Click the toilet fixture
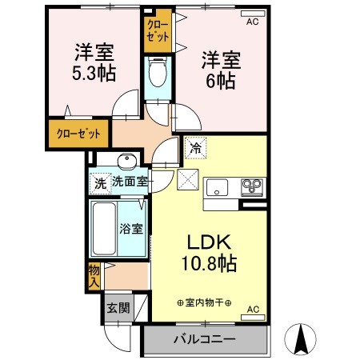(x=157, y=75)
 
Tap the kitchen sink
(x=218, y=189)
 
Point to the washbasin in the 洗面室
(x=125, y=158)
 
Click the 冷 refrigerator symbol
(x=194, y=147)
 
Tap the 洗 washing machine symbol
(x=100, y=182)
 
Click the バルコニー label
(x=205, y=340)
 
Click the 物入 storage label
(x=94, y=276)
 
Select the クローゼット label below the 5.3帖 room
(x=78, y=134)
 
